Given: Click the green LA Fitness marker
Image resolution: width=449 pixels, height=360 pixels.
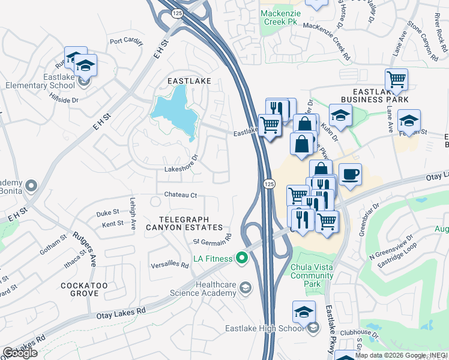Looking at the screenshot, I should pyautogui.click(x=242, y=259).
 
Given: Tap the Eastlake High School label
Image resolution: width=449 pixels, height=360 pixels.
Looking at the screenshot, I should pyautogui.click(x=264, y=328).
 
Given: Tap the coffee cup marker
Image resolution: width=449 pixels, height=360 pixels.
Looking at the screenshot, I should pyautogui.click(x=350, y=175).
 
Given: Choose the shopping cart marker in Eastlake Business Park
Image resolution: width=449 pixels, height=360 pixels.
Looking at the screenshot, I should pyautogui.click(x=396, y=79).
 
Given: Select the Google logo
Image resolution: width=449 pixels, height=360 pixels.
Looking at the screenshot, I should pyautogui.click(x=19, y=353).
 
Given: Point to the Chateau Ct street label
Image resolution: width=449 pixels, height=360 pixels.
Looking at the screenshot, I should pyautogui.click(x=181, y=195).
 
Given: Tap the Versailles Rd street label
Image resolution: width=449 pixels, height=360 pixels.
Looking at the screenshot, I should pyautogui.click(x=170, y=265).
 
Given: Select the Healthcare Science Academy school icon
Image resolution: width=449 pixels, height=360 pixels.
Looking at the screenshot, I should pyautogui.click(x=244, y=289).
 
